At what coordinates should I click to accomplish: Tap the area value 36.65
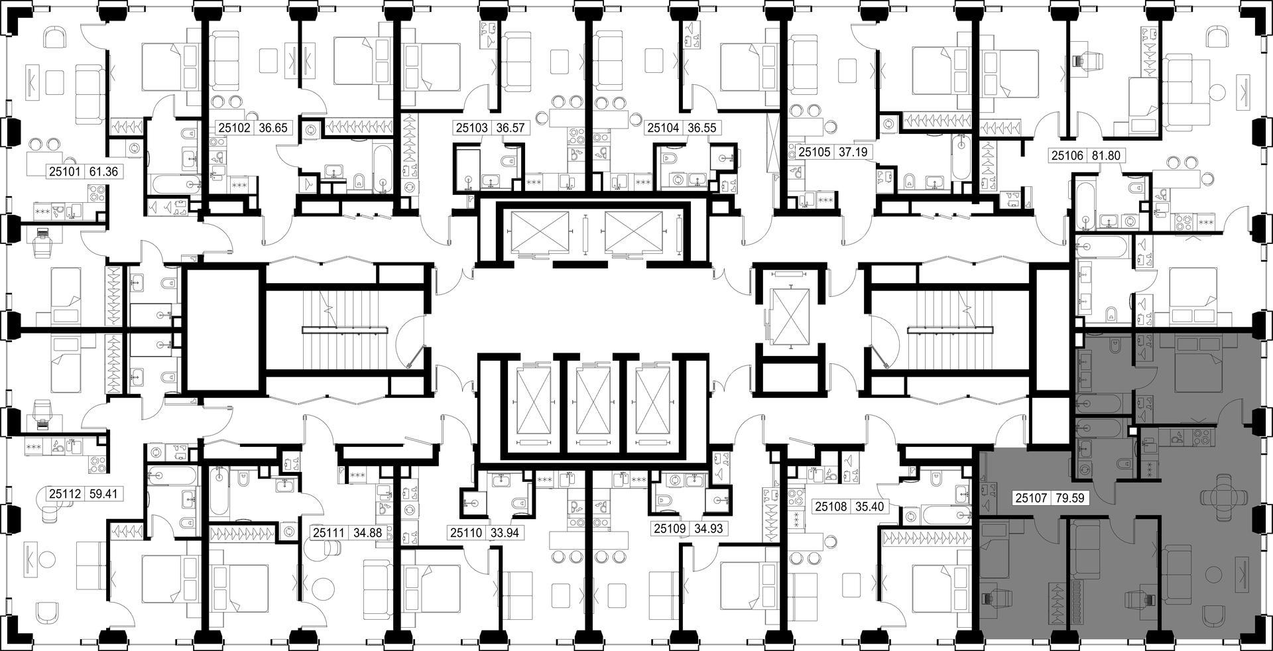(x=273, y=128)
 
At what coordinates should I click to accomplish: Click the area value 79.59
(x=1069, y=497)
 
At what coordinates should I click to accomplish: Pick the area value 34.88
(x=370, y=532)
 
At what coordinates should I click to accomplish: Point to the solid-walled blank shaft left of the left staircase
(x=223, y=329)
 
